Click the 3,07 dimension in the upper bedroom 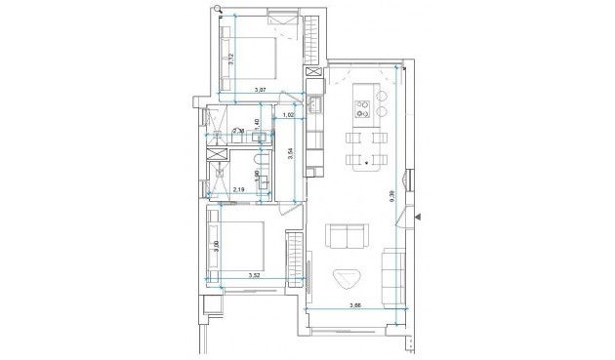coord(261,91)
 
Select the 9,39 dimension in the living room coord(391,194)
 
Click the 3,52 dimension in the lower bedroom coord(255,276)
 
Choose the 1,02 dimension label coord(288,116)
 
